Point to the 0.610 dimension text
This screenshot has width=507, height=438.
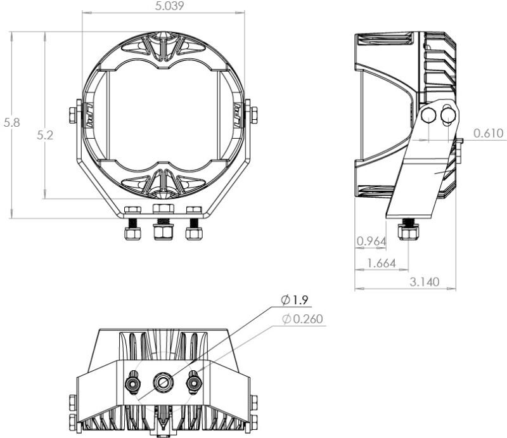tap(487, 133)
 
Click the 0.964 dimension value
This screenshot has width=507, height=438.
tap(371, 241)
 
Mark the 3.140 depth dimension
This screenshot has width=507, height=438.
tap(421, 282)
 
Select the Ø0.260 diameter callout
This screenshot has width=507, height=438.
tap(303, 319)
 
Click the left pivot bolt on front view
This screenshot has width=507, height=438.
tap(72, 115)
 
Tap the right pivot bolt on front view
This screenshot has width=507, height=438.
tap(253, 115)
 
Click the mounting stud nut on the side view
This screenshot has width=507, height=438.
tap(407, 233)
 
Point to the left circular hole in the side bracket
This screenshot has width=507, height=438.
tap(428, 115)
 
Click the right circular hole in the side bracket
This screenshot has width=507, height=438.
tap(449, 115)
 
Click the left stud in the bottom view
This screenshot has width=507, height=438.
tap(134, 383)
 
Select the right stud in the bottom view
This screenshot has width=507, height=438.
tap(193, 383)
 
